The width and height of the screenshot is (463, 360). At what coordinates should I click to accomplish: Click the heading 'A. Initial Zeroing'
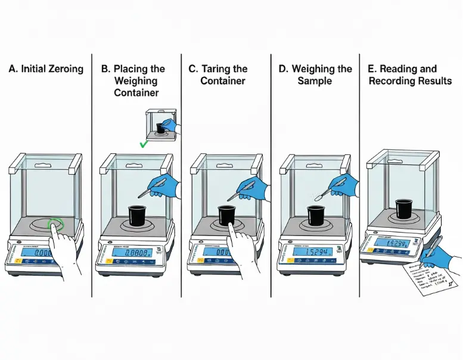click(46, 69)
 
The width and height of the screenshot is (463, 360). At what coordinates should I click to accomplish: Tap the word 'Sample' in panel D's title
click(315, 80)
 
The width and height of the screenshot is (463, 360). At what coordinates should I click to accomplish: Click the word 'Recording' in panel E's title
click(396, 80)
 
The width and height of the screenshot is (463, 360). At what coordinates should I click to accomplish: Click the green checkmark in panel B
click(143, 144)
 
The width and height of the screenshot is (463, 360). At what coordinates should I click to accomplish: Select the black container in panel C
click(227, 215)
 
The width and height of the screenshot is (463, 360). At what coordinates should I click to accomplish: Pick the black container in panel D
click(316, 215)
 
